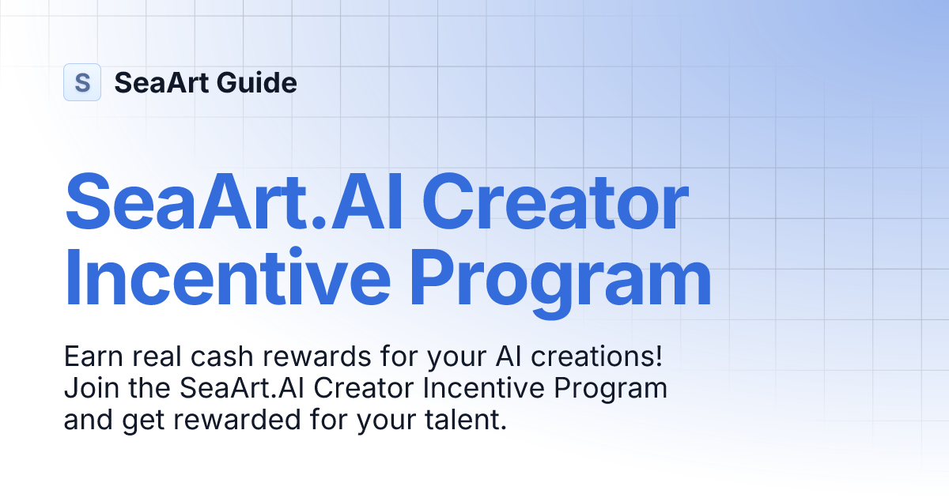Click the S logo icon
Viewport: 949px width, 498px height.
coord(82,82)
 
